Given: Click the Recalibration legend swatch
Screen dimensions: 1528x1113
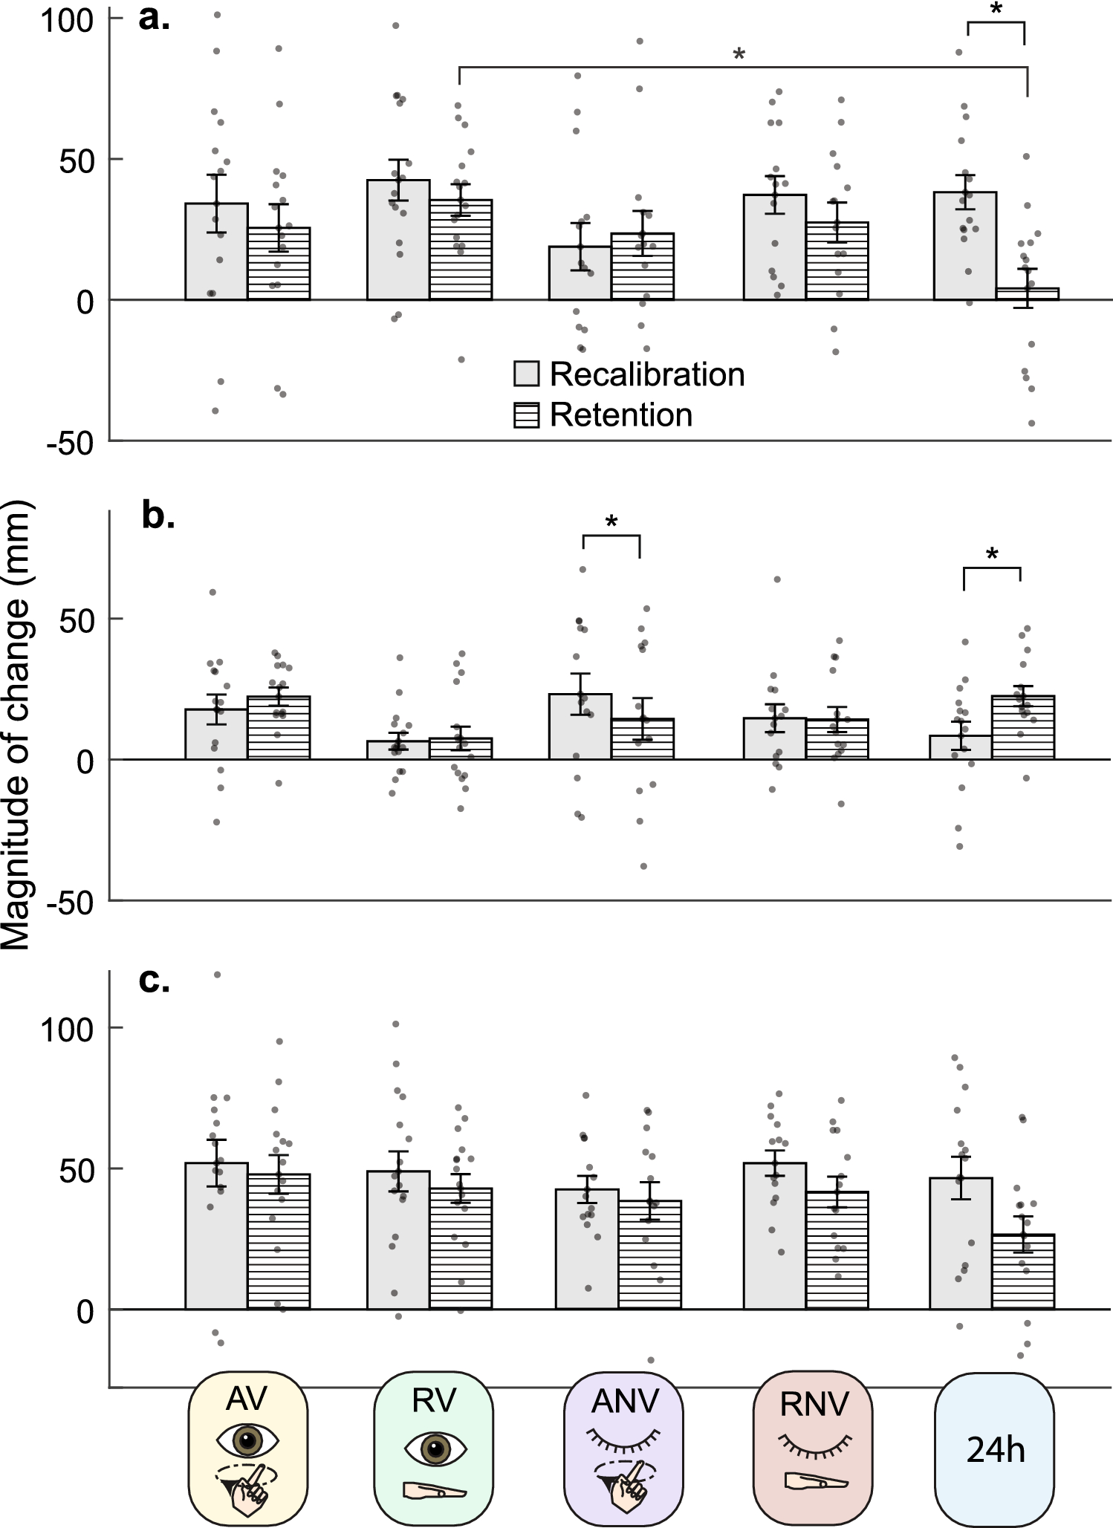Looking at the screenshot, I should point(526,374).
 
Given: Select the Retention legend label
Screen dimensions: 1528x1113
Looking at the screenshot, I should point(620,414).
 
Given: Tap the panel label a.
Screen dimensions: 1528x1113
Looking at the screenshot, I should point(154,18).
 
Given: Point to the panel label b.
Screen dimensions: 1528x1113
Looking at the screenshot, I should point(158,516).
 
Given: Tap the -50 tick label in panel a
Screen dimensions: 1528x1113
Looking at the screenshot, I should point(71,443).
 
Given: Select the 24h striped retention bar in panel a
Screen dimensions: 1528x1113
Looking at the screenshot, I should point(1028,294).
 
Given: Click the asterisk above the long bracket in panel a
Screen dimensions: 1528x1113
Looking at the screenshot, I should point(739,54).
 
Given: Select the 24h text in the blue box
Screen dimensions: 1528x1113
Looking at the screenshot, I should point(996,1449).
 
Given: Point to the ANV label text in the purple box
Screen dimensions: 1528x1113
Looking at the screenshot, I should point(625,1401).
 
